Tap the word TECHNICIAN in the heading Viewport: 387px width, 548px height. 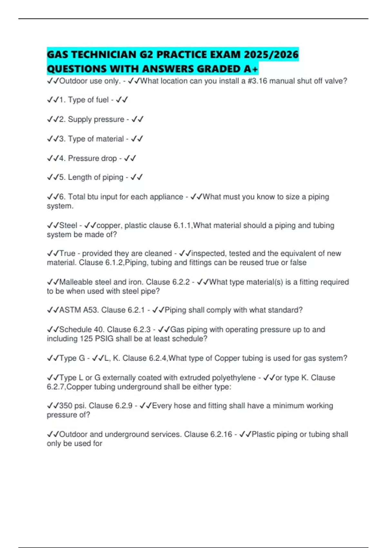(103, 54)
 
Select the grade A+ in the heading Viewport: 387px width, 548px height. (251, 69)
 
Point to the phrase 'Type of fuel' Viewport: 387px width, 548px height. (88, 100)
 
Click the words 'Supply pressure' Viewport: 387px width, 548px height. (96, 119)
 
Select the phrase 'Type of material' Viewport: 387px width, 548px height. (96, 139)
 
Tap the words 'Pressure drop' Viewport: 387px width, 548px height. (92, 158)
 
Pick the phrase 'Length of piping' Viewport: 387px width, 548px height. (95, 177)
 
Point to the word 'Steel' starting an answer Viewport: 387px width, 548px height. (68, 225)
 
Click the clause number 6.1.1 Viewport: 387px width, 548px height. (183, 225)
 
